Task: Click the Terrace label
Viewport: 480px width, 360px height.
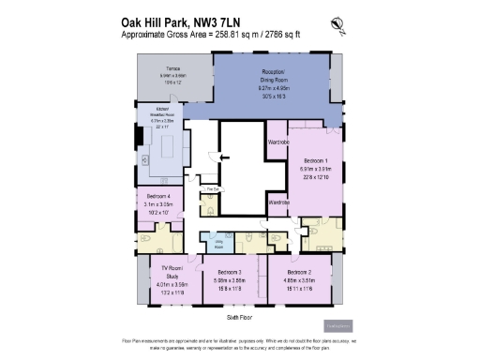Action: click(172, 68)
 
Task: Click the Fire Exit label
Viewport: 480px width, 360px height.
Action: click(213, 189)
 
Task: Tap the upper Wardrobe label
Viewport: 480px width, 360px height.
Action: click(277, 142)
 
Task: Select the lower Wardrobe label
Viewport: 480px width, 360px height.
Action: click(277, 201)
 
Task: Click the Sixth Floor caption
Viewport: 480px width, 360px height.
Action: click(241, 318)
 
